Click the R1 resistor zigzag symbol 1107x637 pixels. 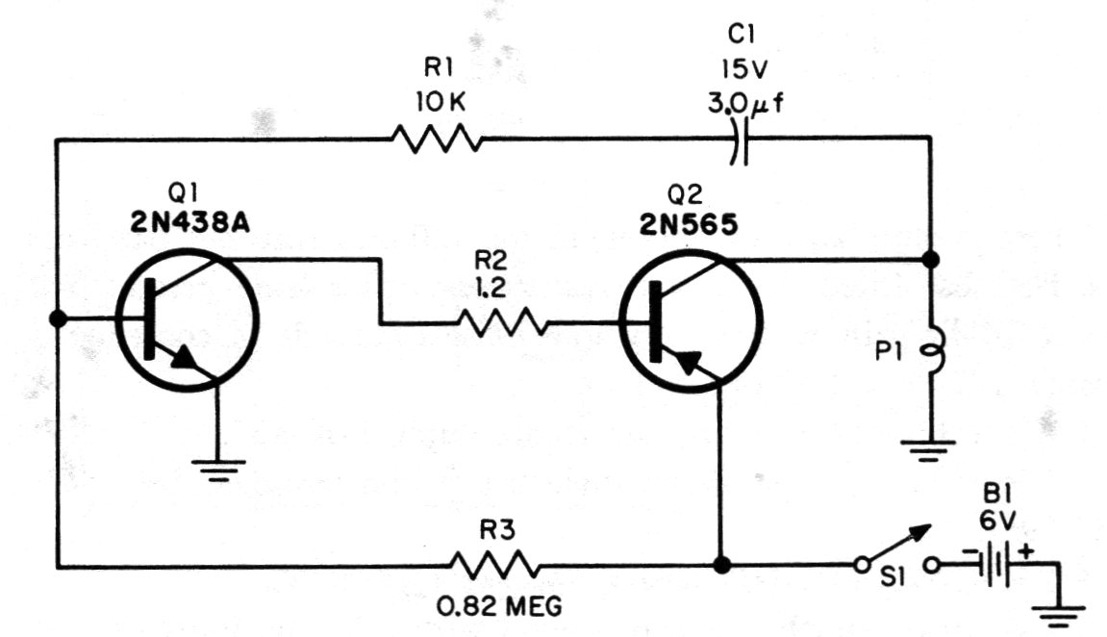click(437, 139)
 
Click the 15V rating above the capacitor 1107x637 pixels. click(744, 68)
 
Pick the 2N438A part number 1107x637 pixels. click(189, 223)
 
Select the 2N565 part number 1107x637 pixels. click(689, 224)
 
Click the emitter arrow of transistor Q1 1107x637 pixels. click(185, 357)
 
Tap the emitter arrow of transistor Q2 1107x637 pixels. click(689, 363)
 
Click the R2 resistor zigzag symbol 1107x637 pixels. click(503, 323)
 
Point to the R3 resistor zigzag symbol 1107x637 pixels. click(494, 566)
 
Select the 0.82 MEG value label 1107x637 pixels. click(499, 605)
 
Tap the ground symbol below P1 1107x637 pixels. click(928, 450)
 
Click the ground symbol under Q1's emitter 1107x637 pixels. click(218, 470)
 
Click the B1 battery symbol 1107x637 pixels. click(995, 564)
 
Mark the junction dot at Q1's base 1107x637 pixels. click(58, 319)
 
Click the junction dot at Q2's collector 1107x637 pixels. click(930, 260)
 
